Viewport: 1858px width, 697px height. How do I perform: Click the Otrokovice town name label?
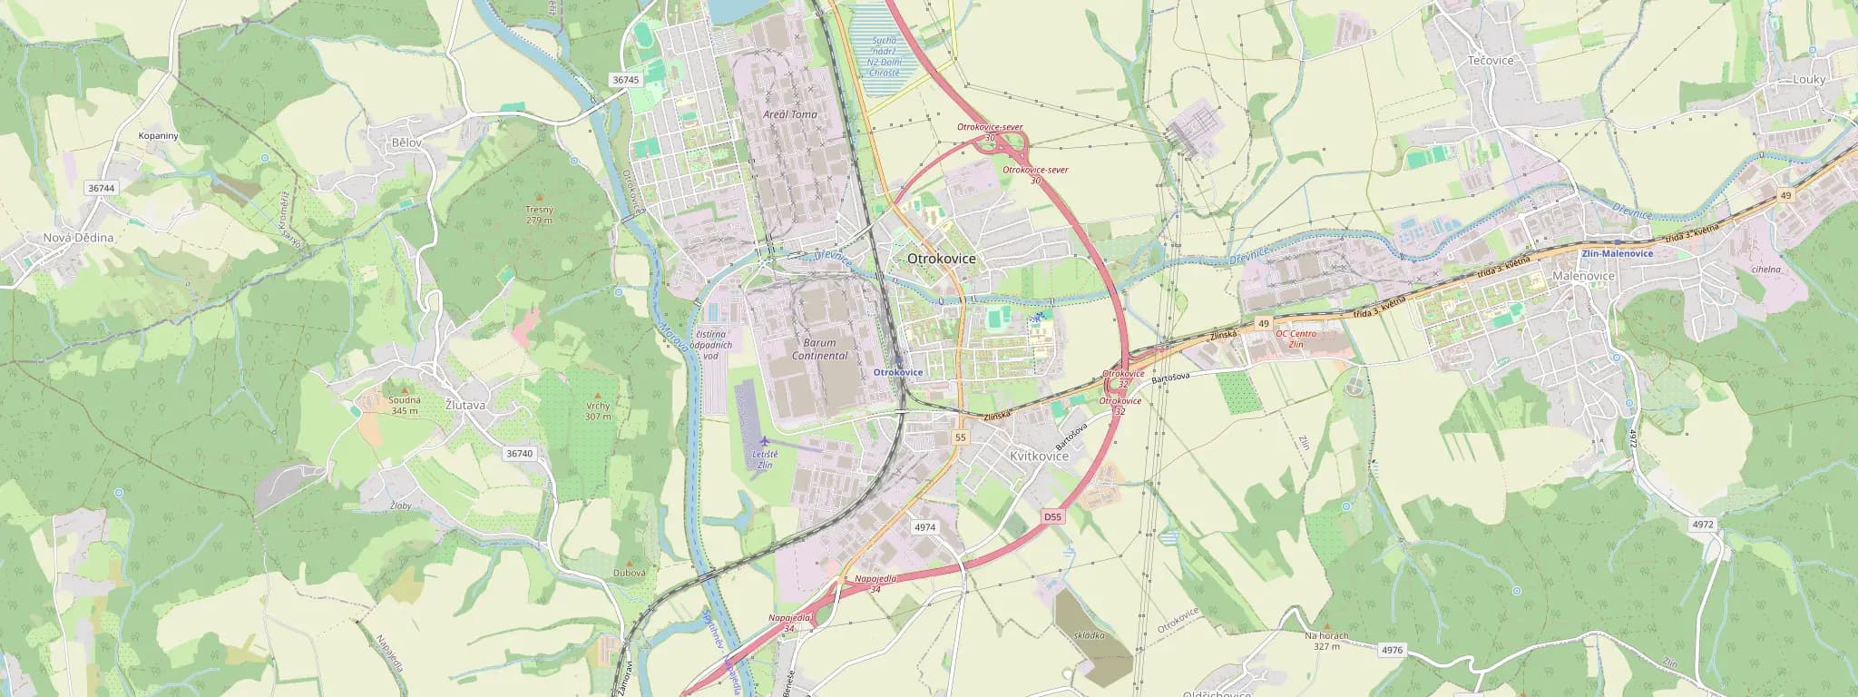point(942,259)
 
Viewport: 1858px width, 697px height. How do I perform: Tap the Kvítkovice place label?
point(1039,456)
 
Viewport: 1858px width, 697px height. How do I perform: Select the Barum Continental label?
point(819,349)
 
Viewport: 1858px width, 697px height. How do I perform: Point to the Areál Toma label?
point(789,114)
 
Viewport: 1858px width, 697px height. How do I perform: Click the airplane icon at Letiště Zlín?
point(765,441)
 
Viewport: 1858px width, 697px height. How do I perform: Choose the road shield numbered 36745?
point(625,80)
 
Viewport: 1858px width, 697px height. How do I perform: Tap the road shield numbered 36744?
point(101,188)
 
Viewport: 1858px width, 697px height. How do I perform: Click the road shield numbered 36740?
point(519,453)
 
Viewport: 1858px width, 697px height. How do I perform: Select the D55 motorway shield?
point(1051,516)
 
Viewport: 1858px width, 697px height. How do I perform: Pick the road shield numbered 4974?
point(924,526)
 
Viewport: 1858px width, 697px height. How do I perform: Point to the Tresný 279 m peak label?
point(539,214)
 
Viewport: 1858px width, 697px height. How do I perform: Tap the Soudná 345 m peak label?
point(404,405)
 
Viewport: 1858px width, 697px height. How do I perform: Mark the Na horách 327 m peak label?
point(1326,641)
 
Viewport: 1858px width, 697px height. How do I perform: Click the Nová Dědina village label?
point(79,238)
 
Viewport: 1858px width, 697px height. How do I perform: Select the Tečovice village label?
point(1491,61)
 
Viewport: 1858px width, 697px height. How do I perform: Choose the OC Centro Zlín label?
point(1296,339)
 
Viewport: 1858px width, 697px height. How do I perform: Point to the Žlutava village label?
point(465,406)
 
